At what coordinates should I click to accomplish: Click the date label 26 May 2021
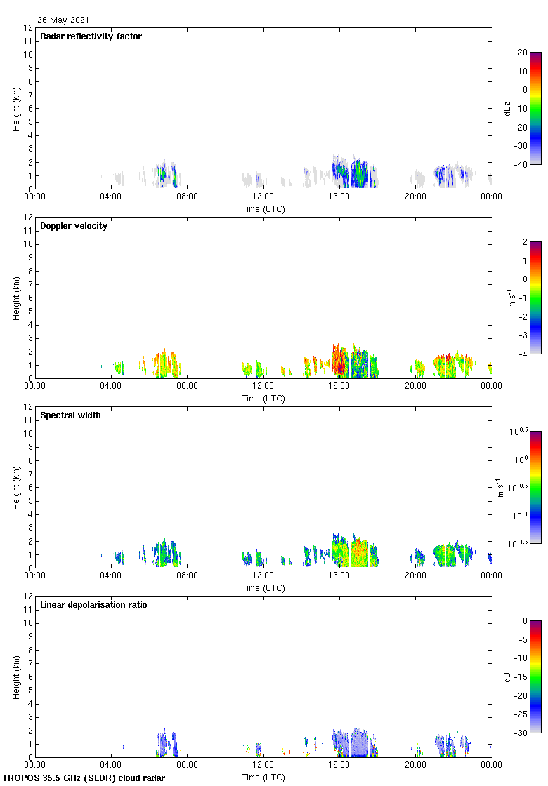[63, 20]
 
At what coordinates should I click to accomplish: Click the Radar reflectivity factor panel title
[91, 36]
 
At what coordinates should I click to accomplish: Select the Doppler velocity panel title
[74, 226]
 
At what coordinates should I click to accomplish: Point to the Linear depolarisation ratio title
[93, 605]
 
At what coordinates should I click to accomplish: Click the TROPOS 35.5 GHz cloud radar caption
[84, 778]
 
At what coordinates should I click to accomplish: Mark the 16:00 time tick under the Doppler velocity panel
[339, 385]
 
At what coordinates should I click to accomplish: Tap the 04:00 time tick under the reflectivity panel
[111, 196]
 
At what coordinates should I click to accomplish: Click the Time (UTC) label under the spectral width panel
[263, 587]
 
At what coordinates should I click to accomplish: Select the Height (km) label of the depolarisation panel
[16, 677]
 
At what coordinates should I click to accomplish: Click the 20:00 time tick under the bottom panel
[415, 764]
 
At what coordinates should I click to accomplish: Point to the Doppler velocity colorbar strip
[535, 298]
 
